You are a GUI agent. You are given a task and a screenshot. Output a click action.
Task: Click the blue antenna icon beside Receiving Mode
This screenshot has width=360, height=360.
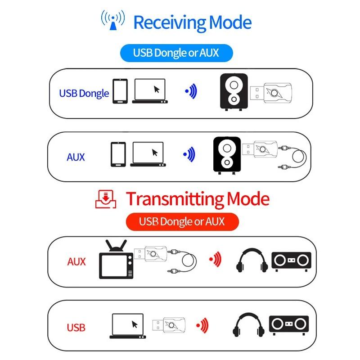pos(112,20)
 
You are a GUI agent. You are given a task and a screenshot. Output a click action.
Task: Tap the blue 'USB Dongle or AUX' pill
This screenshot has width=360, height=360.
pos(176,53)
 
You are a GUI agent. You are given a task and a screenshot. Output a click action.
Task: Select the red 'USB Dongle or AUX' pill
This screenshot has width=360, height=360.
pos(182,221)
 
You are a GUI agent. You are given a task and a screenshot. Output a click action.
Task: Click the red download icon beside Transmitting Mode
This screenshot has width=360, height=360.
pos(106,199)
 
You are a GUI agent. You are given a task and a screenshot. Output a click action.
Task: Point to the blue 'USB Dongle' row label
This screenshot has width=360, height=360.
pos(84,94)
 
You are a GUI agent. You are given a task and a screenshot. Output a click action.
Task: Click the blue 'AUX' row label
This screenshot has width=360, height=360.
pos(76,157)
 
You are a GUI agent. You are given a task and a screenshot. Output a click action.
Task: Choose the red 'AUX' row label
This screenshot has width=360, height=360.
pos(76,261)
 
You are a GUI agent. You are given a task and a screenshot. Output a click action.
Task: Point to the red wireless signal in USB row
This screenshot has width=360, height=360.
pos(202,324)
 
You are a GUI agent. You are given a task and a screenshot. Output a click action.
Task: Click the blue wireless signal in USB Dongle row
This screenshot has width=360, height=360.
pos(191,91)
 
